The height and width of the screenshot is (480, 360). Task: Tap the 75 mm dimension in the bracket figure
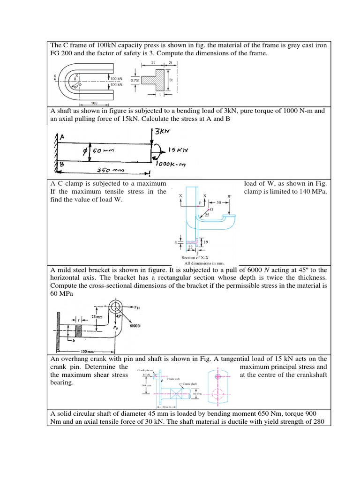tap(83, 317)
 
